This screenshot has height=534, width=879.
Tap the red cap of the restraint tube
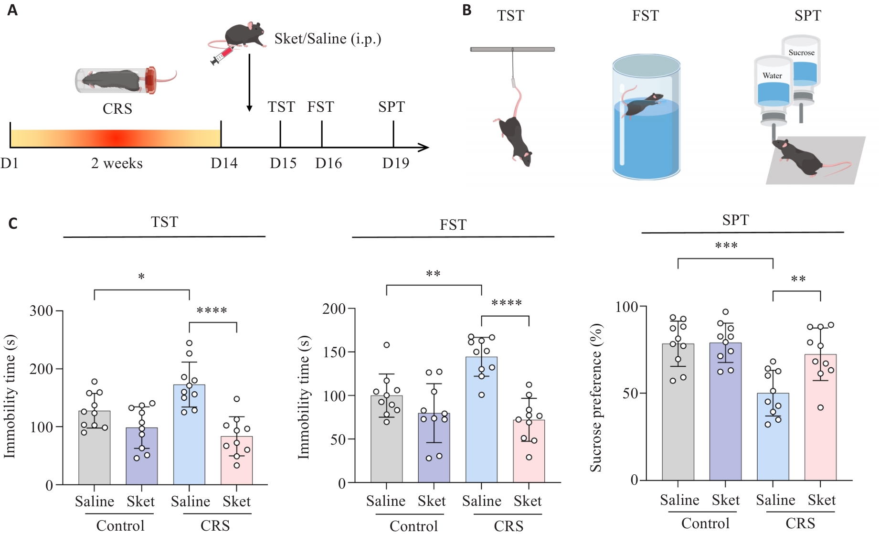click(x=151, y=80)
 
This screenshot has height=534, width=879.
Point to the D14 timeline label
click(x=224, y=163)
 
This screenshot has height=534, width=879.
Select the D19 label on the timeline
click(x=395, y=163)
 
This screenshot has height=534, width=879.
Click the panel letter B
click(x=467, y=10)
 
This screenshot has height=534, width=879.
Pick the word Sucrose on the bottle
click(x=801, y=53)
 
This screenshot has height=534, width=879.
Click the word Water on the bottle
click(x=772, y=75)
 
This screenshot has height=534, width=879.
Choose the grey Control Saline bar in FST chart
click(x=386, y=439)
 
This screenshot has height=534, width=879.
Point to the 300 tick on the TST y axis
click(x=42, y=311)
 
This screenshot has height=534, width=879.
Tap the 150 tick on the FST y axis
click(x=334, y=352)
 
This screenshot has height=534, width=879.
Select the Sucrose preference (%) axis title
click(x=595, y=398)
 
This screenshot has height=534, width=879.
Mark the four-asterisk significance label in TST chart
click(x=212, y=311)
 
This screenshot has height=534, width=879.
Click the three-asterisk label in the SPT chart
click(x=726, y=246)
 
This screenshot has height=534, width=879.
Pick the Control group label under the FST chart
click(x=413, y=526)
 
